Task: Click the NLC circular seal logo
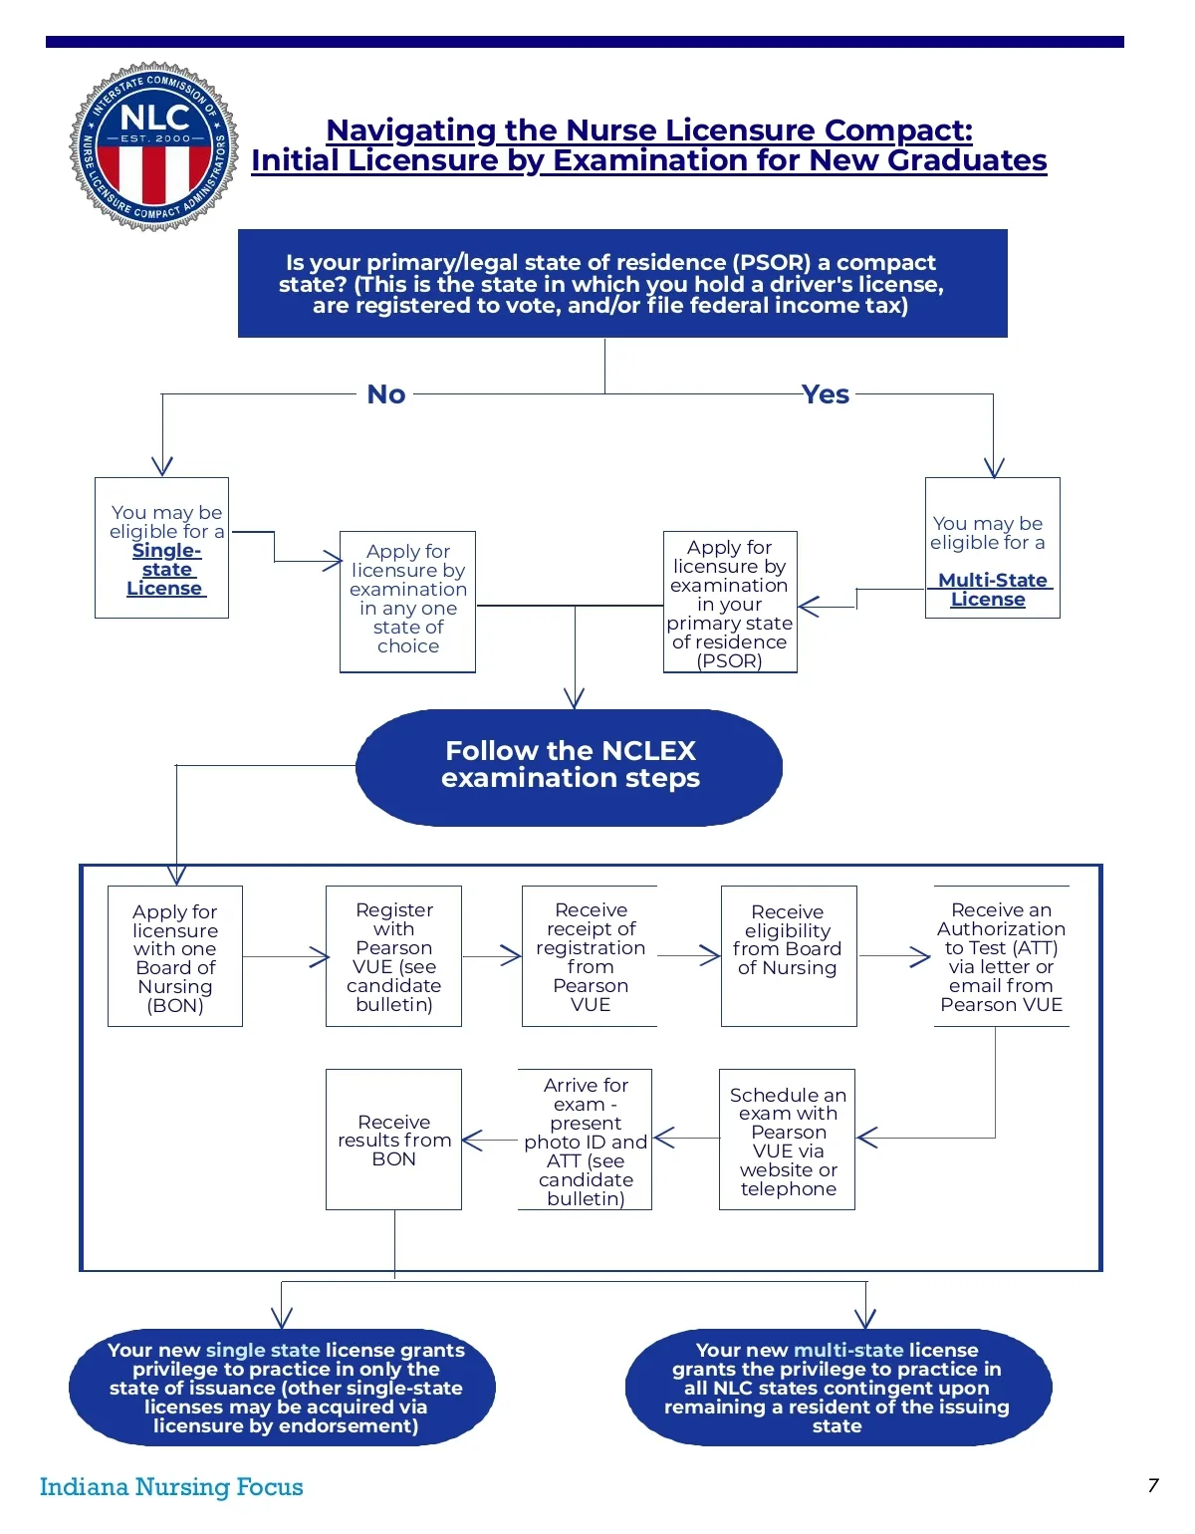153,146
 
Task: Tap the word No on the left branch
386,394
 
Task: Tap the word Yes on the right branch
826,394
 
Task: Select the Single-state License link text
165,570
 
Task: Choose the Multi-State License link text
991,590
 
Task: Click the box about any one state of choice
408,601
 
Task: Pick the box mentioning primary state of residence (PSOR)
730,603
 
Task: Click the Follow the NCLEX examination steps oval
570,766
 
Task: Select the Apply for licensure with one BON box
175,956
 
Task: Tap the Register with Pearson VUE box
394,956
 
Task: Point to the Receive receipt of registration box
591,956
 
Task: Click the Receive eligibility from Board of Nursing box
788,956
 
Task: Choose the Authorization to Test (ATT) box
1001,956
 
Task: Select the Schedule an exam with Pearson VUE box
788,1141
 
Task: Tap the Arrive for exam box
586,1141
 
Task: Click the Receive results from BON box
394,1141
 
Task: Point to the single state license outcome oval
284,1387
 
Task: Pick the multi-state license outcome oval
837,1387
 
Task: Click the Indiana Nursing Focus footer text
171,1486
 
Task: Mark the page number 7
1153,1485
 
